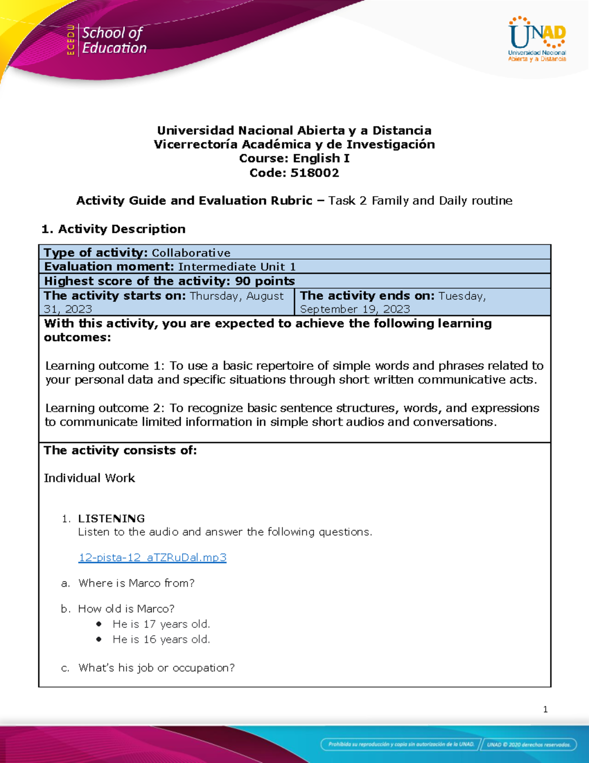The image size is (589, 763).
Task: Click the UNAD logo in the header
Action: [537, 39]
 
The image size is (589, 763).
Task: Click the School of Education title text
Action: [114, 40]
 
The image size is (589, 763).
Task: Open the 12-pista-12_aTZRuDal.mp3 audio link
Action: [152, 557]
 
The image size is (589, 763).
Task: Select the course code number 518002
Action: [314, 173]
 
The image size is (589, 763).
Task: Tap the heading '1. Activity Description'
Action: [113, 229]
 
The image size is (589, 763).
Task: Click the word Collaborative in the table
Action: [191, 253]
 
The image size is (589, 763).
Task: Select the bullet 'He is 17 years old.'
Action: [161, 624]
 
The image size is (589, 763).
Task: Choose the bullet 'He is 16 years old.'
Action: [161, 639]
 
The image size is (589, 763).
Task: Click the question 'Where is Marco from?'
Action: [136, 583]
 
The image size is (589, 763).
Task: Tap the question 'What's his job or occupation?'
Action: [157, 668]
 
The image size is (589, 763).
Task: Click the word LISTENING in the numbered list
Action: [111, 518]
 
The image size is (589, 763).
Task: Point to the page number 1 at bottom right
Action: [545, 709]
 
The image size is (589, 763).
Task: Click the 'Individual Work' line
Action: [89, 478]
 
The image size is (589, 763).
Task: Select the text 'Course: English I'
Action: [294, 158]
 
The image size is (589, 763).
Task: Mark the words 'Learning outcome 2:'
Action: [106, 408]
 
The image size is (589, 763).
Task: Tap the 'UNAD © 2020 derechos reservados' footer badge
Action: [528, 744]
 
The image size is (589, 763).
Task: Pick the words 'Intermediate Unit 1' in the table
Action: [237, 267]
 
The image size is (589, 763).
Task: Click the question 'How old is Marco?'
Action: [126, 609]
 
